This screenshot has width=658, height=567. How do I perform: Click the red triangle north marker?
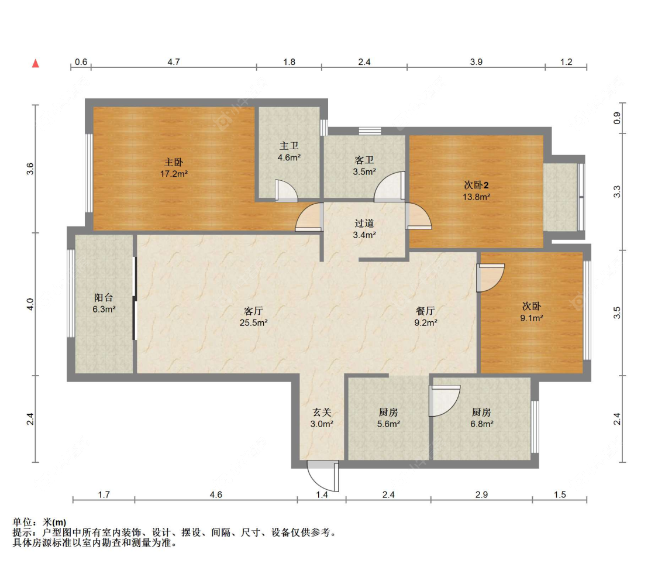pos(36,63)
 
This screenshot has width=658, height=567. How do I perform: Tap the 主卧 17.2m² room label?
pos(174,168)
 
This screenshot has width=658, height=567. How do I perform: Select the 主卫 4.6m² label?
pos(289,152)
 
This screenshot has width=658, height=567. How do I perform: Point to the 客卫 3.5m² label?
pos(364,166)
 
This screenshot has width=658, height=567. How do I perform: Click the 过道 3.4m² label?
pos(364,229)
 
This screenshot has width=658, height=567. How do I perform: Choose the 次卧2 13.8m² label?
pos(476,191)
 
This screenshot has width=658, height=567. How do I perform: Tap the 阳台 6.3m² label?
pos(104,304)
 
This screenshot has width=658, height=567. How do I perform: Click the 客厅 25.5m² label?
pos(253,317)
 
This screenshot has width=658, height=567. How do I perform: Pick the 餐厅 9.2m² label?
pos(426,317)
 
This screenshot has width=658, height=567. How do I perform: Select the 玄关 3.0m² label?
pos(322,418)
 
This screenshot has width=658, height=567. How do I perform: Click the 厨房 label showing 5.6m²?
pos(388,418)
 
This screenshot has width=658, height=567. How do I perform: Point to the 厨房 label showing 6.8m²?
pos(481,418)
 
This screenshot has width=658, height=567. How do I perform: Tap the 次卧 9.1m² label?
pos(532,312)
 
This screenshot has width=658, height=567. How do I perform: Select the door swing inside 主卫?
pos(287,191)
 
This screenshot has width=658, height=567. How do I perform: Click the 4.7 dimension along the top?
pos(174,62)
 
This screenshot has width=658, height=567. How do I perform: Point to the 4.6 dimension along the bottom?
pos(216,495)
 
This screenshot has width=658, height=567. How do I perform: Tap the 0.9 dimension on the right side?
pos(617,118)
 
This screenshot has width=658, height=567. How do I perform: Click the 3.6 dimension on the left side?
pos(30,169)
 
